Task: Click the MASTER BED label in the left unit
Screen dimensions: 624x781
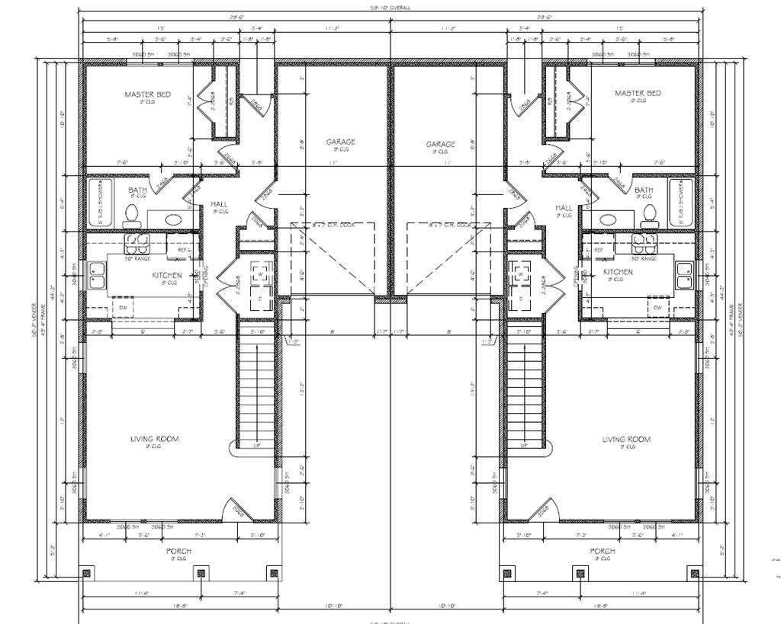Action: [147, 94]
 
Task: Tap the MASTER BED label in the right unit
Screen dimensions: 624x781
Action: [638, 94]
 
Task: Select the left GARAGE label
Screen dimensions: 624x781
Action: [340, 142]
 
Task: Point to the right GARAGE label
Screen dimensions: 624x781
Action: [440, 143]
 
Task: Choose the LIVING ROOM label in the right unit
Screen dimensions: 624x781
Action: [626, 440]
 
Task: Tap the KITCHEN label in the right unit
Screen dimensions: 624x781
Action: [618, 272]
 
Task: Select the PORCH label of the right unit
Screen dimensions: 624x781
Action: [602, 551]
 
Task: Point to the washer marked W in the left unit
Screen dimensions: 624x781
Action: [259, 274]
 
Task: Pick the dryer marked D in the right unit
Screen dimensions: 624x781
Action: [522, 298]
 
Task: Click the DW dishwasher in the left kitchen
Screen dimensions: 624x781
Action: [122, 307]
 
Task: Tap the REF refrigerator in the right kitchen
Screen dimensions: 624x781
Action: [598, 249]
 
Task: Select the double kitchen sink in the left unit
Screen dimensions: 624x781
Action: [97, 275]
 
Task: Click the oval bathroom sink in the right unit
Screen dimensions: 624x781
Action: [609, 220]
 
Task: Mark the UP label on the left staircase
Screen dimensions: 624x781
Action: [257, 446]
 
